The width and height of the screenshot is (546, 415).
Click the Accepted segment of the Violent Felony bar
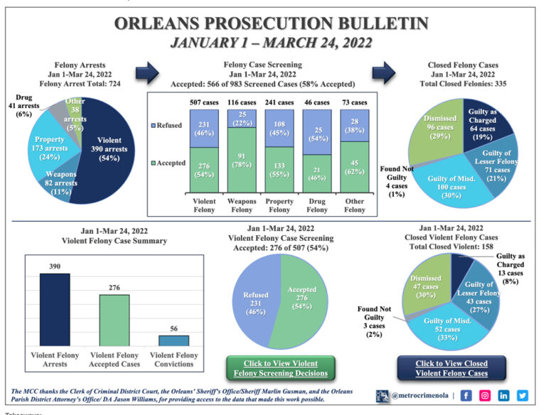204,170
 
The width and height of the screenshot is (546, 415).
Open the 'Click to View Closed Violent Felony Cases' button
451,367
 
